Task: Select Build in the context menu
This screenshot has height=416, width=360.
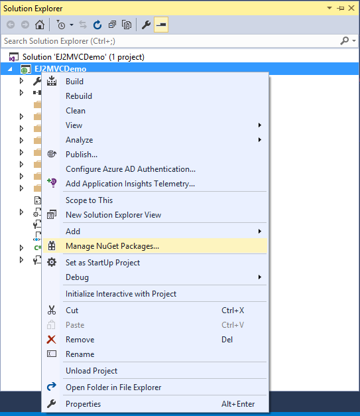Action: (74, 82)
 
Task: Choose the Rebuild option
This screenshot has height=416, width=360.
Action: (79, 96)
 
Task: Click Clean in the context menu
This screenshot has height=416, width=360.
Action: (76, 111)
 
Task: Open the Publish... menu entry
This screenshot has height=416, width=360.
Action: (82, 155)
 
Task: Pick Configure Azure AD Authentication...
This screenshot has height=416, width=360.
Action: (131, 169)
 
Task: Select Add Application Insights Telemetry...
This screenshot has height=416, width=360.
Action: (130, 184)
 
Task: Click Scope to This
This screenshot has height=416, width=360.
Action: (89, 200)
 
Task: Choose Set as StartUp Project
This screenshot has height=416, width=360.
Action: (103, 263)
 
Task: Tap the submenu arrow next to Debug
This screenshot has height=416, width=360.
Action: (260, 277)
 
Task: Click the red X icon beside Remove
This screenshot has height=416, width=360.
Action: (52, 339)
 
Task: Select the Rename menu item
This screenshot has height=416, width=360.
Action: (80, 354)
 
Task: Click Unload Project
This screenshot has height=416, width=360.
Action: (91, 371)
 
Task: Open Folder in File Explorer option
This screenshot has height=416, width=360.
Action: (113, 387)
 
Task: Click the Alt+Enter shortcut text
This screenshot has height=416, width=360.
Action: (238, 404)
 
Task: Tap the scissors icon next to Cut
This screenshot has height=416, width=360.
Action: (52, 310)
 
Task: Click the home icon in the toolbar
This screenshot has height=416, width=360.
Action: (40, 25)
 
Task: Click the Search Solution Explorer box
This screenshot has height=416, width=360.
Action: (170, 41)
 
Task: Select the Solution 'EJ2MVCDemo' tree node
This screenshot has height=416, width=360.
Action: (84, 57)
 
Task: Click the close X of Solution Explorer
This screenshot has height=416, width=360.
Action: (351, 8)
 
